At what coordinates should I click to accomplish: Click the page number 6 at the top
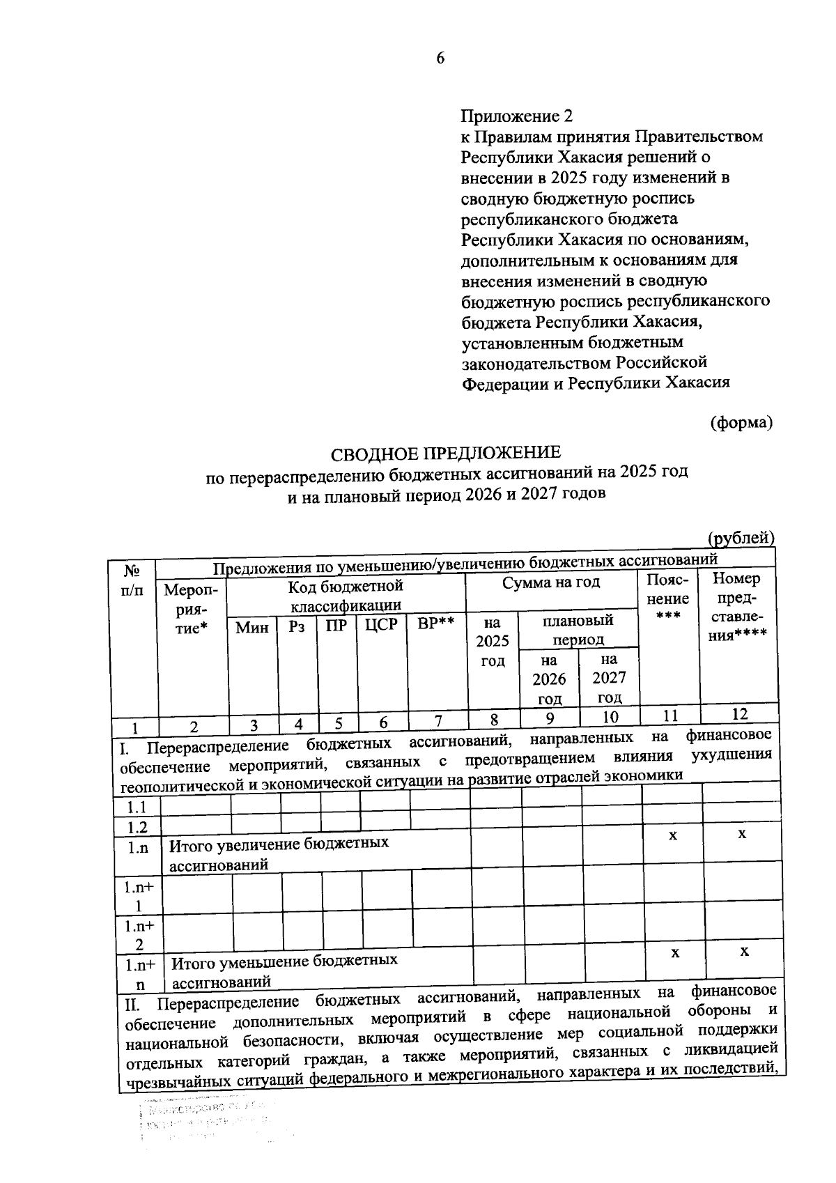click(440, 59)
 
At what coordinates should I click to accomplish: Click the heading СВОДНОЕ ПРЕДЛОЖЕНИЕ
click(445, 454)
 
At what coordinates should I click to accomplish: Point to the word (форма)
click(741, 422)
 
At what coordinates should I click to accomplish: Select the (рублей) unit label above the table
click(741, 538)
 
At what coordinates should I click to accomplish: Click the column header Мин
click(252, 627)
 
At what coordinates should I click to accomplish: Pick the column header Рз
click(297, 626)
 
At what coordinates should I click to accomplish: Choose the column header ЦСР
click(381, 624)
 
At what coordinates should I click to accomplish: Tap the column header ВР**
click(435, 622)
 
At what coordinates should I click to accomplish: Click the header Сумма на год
click(551, 582)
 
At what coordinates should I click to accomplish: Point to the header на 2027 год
click(610, 677)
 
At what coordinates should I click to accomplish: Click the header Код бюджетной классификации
click(346, 596)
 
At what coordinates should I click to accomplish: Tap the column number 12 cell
click(739, 713)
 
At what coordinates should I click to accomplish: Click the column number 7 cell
click(438, 720)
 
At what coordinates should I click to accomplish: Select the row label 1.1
click(137, 807)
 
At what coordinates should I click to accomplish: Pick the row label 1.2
click(137, 827)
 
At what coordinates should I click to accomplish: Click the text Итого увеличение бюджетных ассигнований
click(279, 854)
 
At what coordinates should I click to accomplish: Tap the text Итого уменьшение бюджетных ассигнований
click(284, 971)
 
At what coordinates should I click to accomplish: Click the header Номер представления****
click(738, 607)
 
